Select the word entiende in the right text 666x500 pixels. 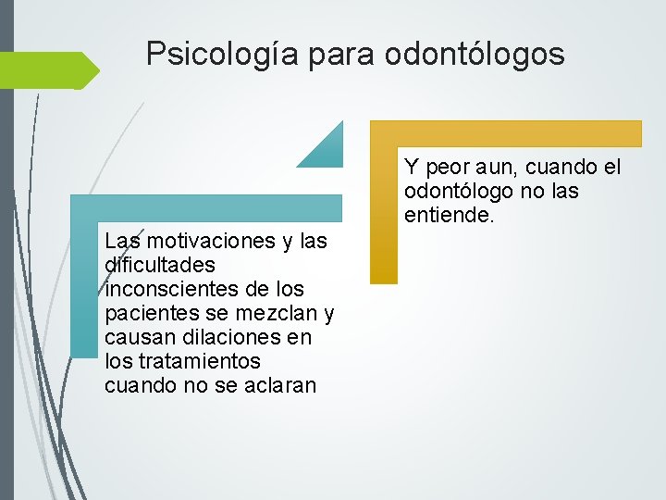pyautogui.click(x=448, y=216)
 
